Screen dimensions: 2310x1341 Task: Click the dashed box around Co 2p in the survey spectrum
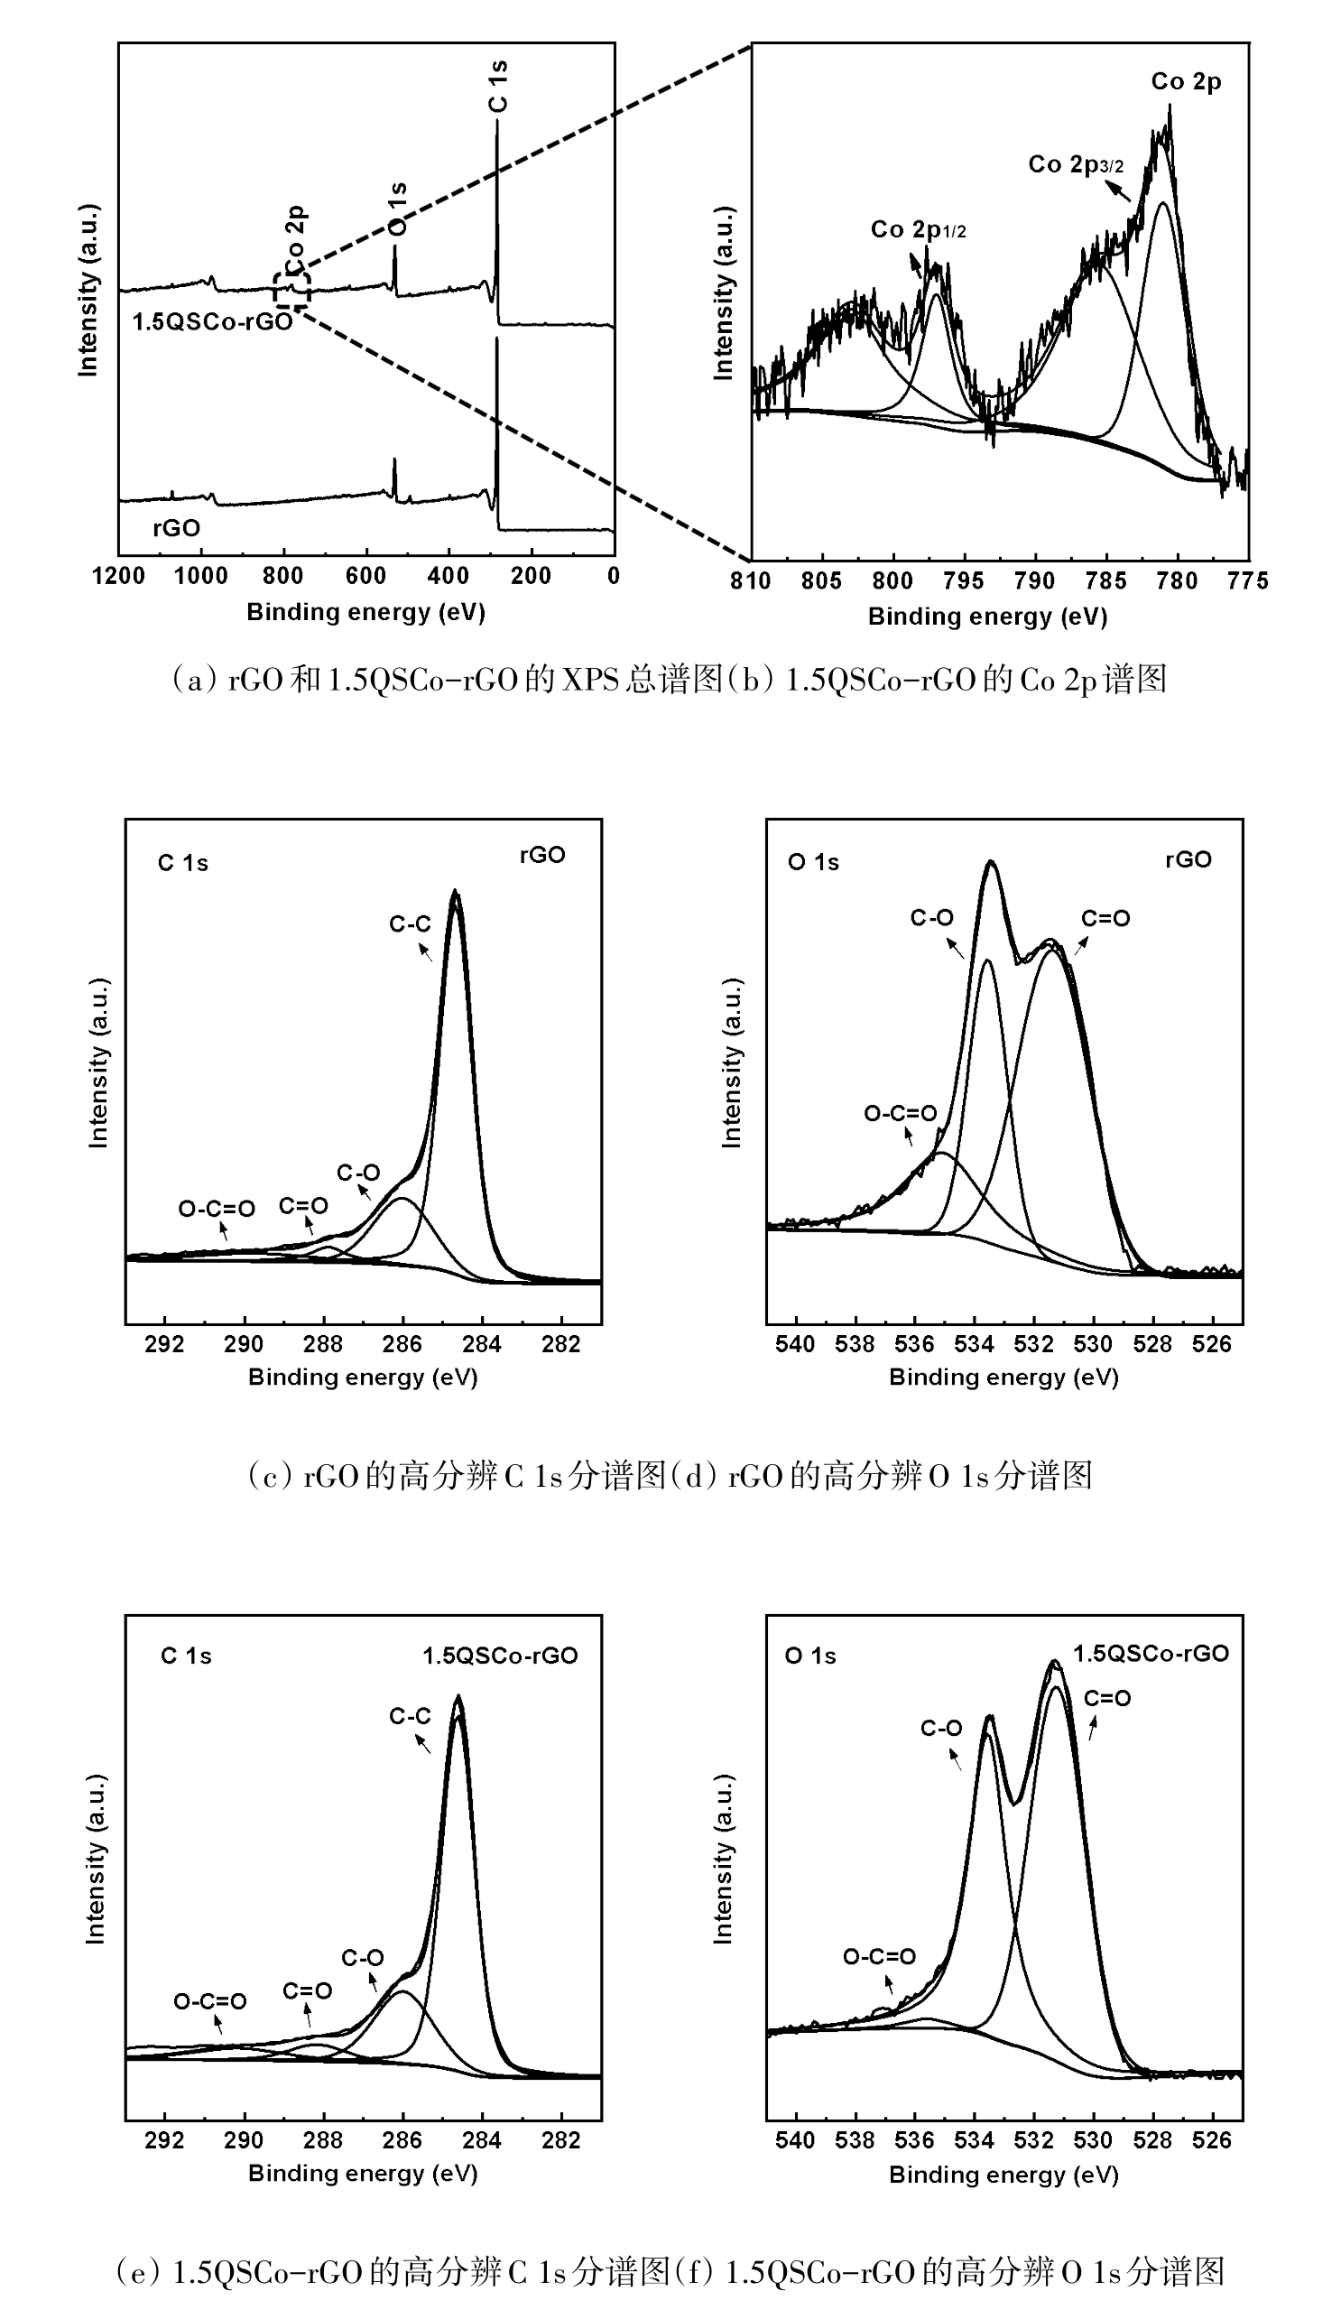click(291, 290)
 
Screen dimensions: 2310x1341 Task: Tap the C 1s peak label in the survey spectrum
click(498, 86)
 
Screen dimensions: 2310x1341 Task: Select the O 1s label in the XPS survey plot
click(397, 209)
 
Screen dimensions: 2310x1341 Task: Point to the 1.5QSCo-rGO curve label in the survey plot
click(212, 321)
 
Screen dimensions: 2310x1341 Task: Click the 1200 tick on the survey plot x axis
click(119, 577)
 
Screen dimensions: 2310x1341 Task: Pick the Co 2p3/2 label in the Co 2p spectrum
click(1075, 165)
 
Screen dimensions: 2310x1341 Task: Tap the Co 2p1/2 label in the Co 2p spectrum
click(918, 229)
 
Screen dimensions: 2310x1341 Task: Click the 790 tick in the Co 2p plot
click(1035, 581)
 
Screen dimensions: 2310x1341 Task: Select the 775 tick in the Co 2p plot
click(1248, 581)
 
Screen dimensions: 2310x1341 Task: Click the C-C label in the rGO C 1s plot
click(410, 924)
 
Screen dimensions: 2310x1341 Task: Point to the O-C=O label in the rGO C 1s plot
click(217, 1209)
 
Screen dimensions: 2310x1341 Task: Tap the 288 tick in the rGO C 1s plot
click(323, 1344)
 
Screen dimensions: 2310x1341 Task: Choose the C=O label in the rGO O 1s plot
click(1105, 919)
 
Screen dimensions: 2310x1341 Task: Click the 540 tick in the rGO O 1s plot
click(796, 1344)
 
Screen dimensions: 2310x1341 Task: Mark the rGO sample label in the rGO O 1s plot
click(1188, 860)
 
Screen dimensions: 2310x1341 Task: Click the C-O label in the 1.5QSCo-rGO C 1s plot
click(363, 1959)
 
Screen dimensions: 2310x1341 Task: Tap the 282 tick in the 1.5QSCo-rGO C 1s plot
click(561, 2140)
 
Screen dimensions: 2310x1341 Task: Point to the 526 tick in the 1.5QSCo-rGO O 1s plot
click(1212, 2140)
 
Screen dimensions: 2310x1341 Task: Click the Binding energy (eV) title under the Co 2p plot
click(987, 617)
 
